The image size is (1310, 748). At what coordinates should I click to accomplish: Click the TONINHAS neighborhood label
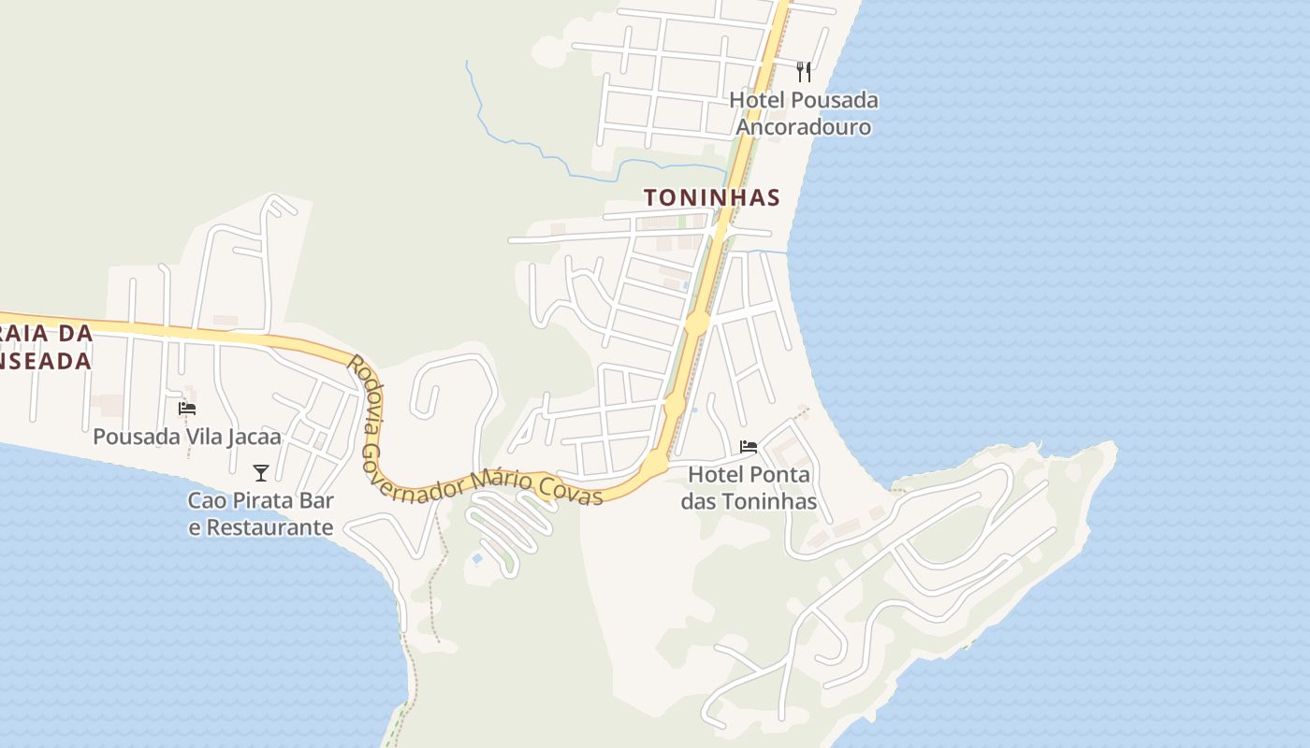coord(711,197)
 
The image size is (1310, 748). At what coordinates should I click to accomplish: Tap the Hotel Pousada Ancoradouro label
coord(804,113)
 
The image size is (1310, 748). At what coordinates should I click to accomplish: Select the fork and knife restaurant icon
coord(803,71)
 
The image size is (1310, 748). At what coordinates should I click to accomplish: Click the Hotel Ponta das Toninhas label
coord(749,488)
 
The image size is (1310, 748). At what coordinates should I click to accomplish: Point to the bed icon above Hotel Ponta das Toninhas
coord(748,447)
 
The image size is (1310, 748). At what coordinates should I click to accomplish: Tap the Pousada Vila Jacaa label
coord(187,437)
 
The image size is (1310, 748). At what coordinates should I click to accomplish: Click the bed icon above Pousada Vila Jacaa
coord(187,409)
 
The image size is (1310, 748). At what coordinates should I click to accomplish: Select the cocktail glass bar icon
coord(261,473)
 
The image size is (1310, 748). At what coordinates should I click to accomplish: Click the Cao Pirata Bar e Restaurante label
coord(261,513)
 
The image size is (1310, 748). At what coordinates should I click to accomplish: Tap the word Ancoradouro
coord(804,127)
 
